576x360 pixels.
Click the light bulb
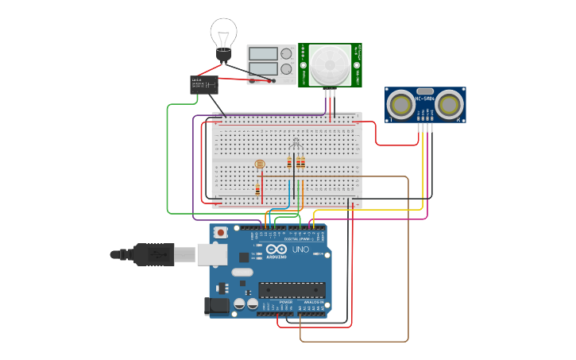tap(223, 36)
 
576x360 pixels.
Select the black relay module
tap(204, 84)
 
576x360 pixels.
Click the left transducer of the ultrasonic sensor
tap(402, 104)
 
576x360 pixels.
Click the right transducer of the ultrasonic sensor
tap(449, 104)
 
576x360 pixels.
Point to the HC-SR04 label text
tap(425, 99)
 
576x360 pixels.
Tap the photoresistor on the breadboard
tap(259, 165)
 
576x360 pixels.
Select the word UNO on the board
tap(300, 250)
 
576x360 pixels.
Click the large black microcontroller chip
tap(292, 290)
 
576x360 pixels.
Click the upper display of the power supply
tap(262, 54)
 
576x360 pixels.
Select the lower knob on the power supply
tap(286, 69)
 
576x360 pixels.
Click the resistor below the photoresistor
tap(257, 189)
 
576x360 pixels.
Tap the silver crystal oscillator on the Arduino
tap(242, 272)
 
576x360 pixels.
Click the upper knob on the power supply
tap(286, 54)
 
